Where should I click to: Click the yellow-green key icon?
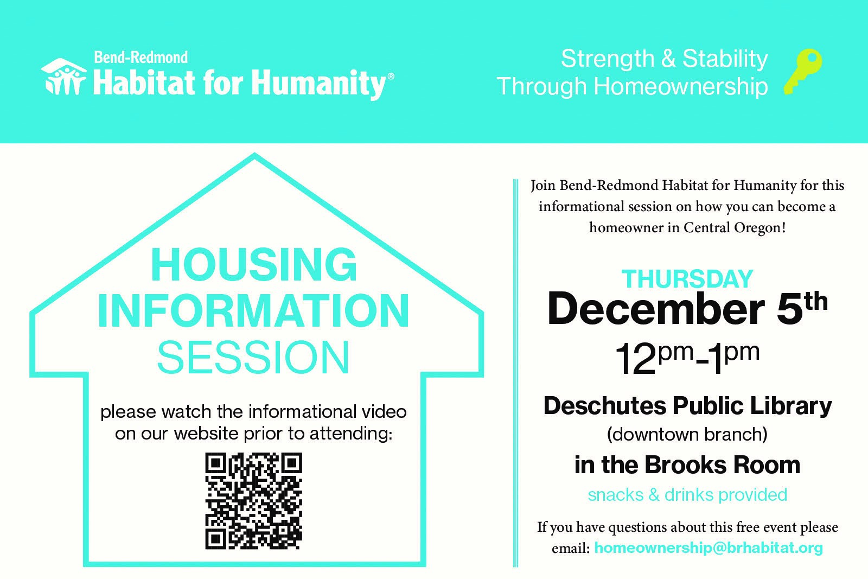pos(802,72)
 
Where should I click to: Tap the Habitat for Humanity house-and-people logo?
pos(64,77)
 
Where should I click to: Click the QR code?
pos(253,501)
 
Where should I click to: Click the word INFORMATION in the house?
pos(253,311)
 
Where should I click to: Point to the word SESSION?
pos(253,357)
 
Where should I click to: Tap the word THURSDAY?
pos(687,279)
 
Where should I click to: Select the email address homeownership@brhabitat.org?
pos(709,548)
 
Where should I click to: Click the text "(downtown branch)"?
pos(687,435)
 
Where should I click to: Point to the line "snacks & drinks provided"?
pos(687,495)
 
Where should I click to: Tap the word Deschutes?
pos(605,406)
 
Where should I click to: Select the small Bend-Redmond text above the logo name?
pos(141,58)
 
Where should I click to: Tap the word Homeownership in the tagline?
pos(680,86)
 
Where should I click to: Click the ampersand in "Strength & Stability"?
pos(668,59)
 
